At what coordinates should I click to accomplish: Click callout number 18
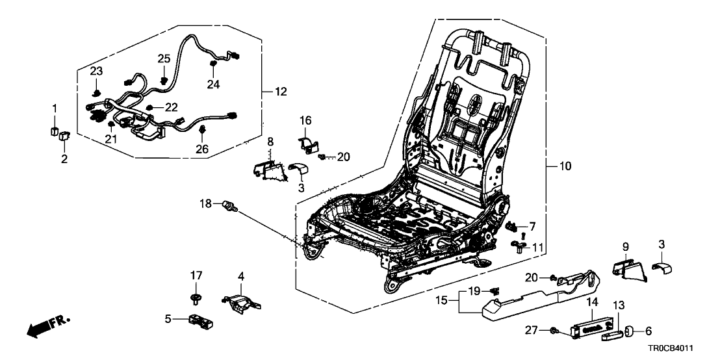205,204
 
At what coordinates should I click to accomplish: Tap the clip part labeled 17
195,299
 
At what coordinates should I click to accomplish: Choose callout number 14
592,302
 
